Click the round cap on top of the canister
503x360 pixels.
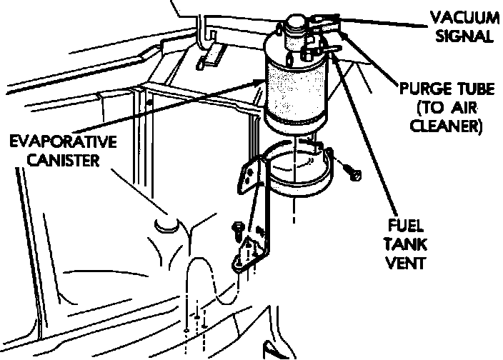294,25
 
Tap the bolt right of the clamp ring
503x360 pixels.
354,171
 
